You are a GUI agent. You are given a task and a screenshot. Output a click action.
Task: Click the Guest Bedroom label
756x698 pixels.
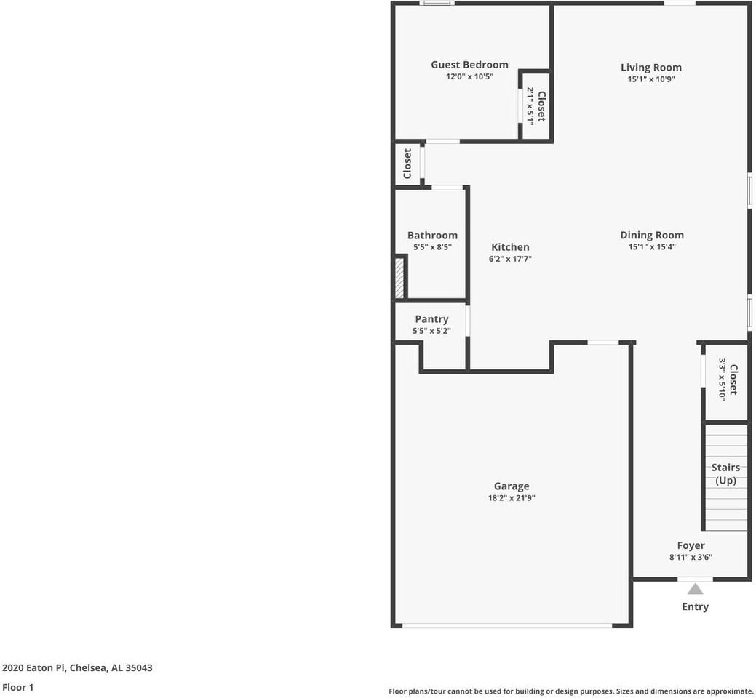469,65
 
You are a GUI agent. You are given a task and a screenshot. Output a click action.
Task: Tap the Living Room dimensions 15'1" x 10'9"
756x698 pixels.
651,79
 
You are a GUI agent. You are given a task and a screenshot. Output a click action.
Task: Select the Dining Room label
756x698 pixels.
651,235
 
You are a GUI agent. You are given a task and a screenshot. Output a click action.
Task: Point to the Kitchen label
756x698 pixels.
510,247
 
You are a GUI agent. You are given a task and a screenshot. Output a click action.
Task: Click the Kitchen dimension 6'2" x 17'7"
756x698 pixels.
510,259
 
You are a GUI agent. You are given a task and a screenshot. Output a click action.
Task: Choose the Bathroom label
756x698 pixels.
432,236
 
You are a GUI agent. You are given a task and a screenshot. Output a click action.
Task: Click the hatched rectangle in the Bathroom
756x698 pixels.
399,277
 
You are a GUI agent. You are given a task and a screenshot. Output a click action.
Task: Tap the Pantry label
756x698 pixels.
431,319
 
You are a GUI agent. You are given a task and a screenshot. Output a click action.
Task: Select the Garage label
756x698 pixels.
511,486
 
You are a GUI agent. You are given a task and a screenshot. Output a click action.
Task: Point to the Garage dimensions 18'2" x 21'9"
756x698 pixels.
511,498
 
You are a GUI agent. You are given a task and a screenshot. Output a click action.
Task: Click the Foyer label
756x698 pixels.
691,545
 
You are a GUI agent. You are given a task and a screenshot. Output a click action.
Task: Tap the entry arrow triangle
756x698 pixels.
696,589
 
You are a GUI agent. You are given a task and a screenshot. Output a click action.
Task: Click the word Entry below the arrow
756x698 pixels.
695,606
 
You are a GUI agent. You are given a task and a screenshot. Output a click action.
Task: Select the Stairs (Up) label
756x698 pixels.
725,474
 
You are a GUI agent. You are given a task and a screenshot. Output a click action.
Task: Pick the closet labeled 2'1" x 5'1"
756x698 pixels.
536,106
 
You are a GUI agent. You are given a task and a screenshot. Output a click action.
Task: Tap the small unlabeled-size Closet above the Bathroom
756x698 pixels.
407,164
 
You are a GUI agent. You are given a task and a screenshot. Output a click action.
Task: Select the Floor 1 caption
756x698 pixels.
18,687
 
